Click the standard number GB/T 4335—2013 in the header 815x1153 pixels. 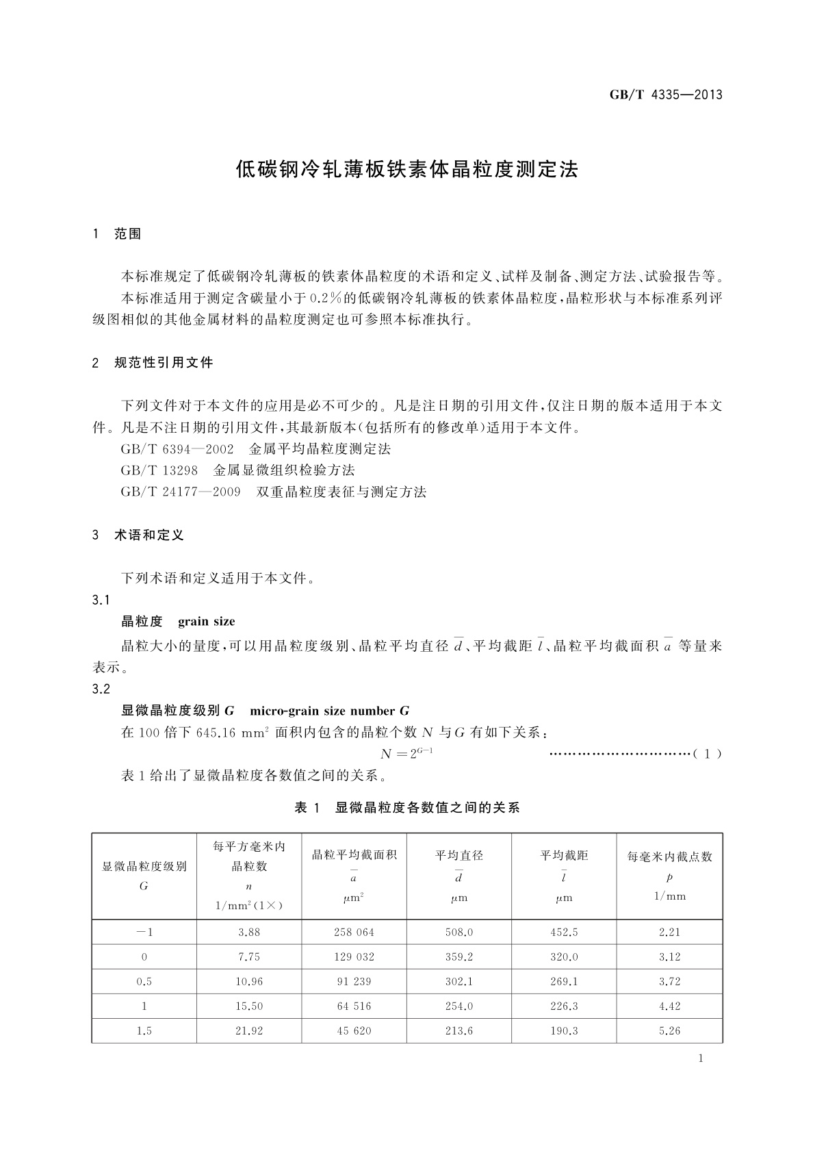pos(665,94)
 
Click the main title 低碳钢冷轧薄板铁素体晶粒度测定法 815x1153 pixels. pos(407,170)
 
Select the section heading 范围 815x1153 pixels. pos(128,234)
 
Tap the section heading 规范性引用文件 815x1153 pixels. pos(164,363)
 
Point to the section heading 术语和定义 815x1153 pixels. pos(149,535)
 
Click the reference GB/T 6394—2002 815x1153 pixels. pos(177,449)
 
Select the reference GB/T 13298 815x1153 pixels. pos(159,470)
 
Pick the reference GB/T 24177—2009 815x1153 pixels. pos(180,492)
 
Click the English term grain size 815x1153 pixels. pos(206,622)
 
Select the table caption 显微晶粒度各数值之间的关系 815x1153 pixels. pos(427,808)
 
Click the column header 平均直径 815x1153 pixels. pos(459,855)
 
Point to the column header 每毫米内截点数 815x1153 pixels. pos(669,857)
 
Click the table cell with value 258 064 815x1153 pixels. pos(354,932)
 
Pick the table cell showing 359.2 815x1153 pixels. pos(459,956)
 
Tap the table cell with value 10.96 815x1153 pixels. pos(249,981)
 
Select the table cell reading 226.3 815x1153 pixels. pos(564,1006)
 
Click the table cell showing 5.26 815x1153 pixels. pos(669,1030)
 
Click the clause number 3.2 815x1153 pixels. pos(101,689)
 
